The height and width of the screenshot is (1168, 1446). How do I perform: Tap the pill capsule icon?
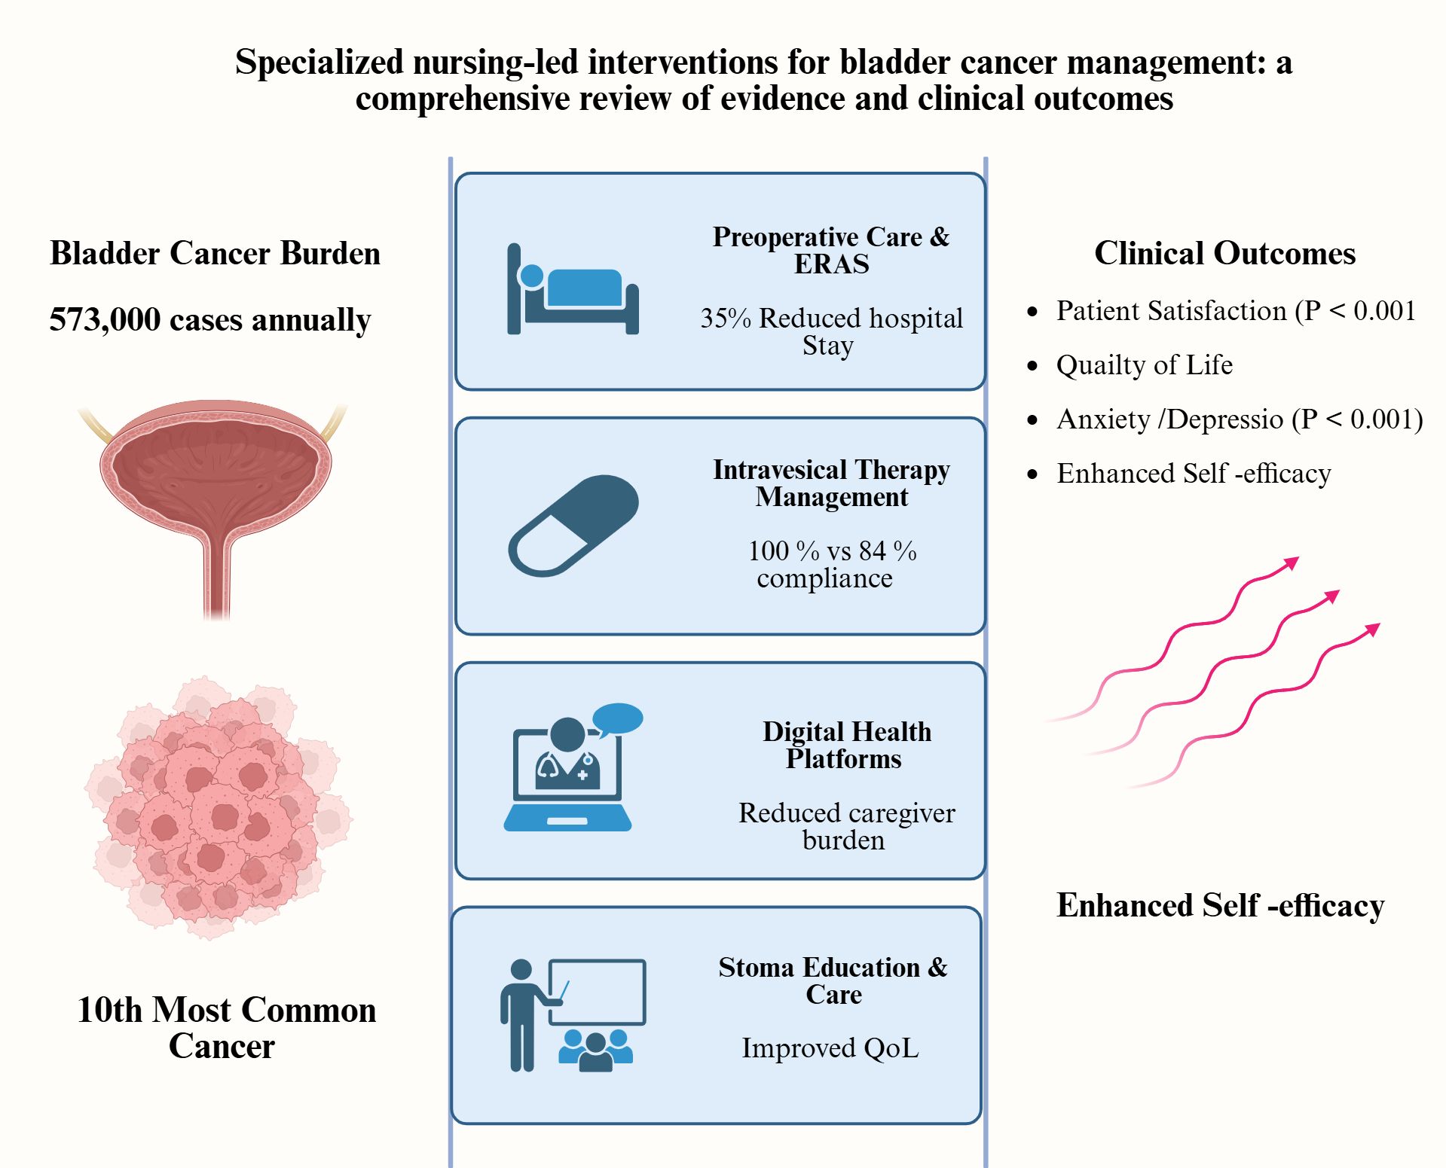point(573,526)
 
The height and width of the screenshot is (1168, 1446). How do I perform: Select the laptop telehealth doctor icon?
point(569,776)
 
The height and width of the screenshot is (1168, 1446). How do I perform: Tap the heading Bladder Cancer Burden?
point(215,253)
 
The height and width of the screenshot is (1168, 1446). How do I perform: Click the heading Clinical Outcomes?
point(1224,253)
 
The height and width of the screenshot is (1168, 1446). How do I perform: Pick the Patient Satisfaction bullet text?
point(1236,310)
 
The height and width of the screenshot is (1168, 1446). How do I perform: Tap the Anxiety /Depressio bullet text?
point(1240,419)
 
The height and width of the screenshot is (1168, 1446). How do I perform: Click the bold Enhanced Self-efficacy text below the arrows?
point(1220,905)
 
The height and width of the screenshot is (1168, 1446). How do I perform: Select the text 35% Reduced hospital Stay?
point(831,331)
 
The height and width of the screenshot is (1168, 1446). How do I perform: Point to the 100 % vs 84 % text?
point(832,550)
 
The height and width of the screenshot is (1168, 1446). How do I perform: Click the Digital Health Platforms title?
point(846,745)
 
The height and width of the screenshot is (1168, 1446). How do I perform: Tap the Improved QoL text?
point(830,1048)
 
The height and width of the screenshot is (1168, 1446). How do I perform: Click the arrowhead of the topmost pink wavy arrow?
point(1292,563)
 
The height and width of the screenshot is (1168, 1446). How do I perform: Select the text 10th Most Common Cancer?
point(226,1027)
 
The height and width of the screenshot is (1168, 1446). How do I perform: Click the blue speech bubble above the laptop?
point(618,718)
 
